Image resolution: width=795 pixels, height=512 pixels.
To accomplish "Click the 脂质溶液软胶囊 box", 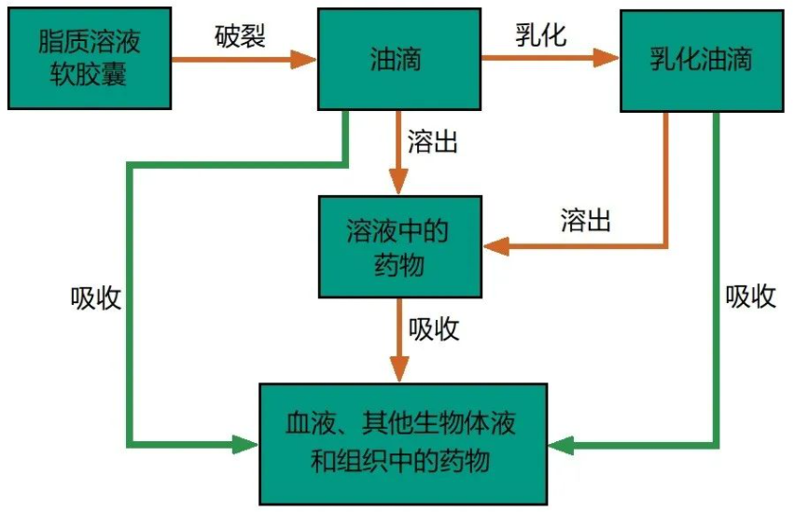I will tap(91, 58).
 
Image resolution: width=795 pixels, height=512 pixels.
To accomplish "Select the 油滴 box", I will tap(398, 60).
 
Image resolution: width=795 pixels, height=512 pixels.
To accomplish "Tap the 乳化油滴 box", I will tap(702, 60).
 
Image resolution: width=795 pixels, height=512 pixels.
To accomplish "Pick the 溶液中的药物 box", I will tap(398, 248).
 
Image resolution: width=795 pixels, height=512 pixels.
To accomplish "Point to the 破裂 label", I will tap(240, 35).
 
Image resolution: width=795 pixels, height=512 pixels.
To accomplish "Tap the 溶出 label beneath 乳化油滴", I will tap(586, 220).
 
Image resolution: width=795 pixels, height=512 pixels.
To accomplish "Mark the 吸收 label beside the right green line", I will tap(751, 297).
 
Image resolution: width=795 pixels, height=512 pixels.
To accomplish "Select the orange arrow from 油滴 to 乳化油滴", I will tap(551, 60).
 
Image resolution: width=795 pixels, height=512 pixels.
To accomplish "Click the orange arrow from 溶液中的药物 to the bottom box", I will tap(398, 340).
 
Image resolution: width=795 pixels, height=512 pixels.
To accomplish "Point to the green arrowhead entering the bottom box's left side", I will tap(244, 445).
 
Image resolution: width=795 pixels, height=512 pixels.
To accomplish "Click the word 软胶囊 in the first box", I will tap(91, 74).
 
